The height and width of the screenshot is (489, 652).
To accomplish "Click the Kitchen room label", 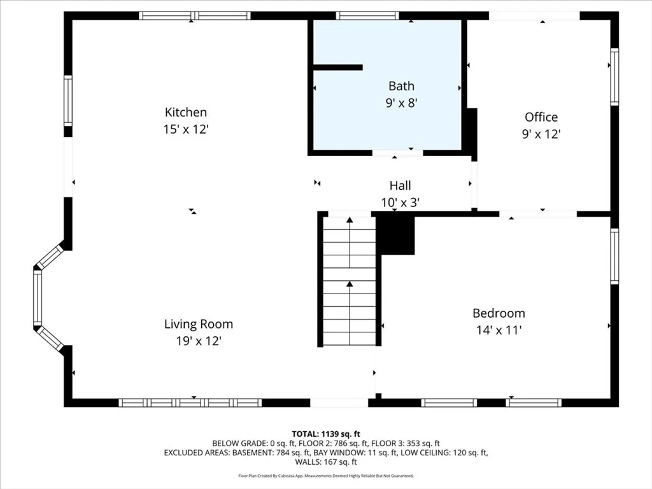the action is (x=186, y=112).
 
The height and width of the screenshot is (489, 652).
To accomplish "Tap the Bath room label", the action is (x=401, y=86).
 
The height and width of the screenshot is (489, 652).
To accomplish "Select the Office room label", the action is (x=541, y=117).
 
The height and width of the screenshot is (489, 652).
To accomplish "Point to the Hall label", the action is (x=400, y=185).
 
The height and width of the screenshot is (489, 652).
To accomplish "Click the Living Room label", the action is (x=199, y=324).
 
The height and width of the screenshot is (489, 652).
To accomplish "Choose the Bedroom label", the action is (x=499, y=313).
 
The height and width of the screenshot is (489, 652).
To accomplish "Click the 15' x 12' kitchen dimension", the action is (x=185, y=129).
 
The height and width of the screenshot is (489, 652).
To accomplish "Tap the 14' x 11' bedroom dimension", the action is (x=499, y=330).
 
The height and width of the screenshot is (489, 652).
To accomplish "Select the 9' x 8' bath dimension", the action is (x=401, y=103).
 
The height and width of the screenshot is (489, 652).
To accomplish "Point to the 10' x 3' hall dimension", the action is (x=400, y=202).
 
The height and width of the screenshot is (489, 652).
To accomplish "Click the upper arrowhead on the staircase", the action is (x=350, y=220).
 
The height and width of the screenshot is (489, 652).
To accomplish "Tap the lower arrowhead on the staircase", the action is (x=350, y=284).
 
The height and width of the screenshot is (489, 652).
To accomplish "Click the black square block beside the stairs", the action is (x=395, y=236).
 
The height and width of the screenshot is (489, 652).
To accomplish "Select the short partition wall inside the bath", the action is (x=337, y=67).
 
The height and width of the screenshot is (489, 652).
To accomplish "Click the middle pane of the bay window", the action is (x=38, y=297).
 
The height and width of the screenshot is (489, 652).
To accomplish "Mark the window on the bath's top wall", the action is (x=367, y=16).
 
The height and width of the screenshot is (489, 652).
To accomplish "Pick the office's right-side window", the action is (x=614, y=76).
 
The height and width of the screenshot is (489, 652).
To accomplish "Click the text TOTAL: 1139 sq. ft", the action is (x=326, y=434).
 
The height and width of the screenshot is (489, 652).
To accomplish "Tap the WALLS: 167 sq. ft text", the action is (x=326, y=462).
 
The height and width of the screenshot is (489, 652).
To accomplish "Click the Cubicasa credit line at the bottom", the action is (x=326, y=476).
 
